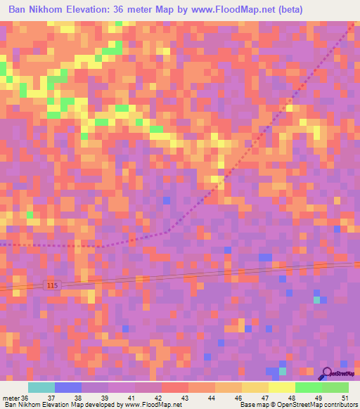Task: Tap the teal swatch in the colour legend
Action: pos(41,387)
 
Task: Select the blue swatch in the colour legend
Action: pos(68,387)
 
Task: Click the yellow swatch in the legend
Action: pos(281,387)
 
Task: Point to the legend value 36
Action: pos(26,397)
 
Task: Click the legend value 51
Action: pos(345,397)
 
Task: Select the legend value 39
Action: pos(105,397)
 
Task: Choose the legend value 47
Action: pos(265,397)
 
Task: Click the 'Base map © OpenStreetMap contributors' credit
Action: pos(298,405)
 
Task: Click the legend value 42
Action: pos(159,397)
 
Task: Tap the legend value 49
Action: pos(318,397)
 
